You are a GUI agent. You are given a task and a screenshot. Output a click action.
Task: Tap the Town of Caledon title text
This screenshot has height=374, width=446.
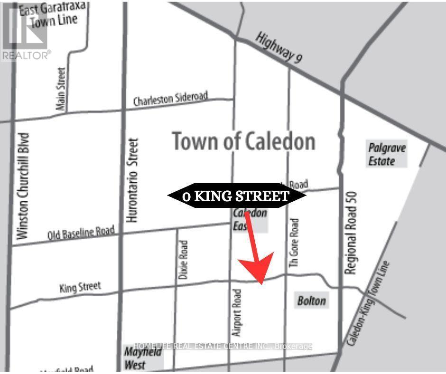tap(243, 141)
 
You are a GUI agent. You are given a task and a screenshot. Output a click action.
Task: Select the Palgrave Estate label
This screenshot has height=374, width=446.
tap(387, 154)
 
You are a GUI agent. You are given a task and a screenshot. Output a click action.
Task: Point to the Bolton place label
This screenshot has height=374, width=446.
tap(312, 300)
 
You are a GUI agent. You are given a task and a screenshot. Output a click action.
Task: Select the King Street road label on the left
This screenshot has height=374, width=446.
tap(80, 287)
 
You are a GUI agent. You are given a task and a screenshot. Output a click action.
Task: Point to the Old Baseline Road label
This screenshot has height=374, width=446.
tap(81, 233)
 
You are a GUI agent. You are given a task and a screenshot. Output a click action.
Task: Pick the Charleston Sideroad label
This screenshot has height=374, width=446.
tap(170, 99)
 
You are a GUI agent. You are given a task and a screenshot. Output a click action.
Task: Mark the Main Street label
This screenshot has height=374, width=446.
tap(60, 89)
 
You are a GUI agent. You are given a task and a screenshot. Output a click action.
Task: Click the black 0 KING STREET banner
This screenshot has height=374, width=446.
tap(236, 196)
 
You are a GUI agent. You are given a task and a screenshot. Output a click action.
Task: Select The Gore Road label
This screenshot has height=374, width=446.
tap(294, 244)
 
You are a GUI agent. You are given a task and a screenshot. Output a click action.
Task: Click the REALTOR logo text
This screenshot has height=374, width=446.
tap(26, 56)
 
